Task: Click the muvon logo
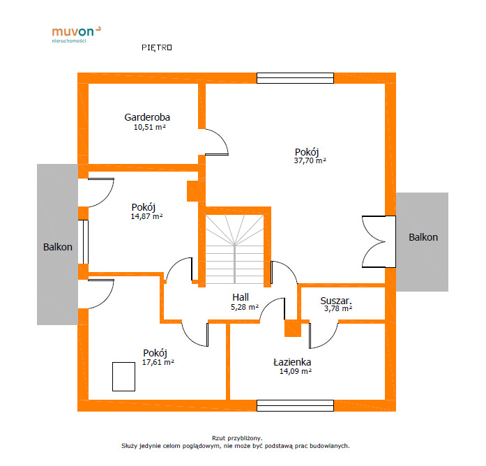[x=76, y=34]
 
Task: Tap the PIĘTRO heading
[x=157, y=47]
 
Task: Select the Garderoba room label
[x=147, y=117]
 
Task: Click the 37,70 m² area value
[x=310, y=160]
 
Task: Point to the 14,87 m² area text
[x=146, y=216]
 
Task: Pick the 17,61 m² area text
[x=158, y=362]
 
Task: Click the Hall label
[x=241, y=297]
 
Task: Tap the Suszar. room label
[x=336, y=301]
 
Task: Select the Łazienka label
[x=292, y=362]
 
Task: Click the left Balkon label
[x=58, y=247]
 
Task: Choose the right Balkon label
[x=423, y=237]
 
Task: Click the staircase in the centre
[x=234, y=249]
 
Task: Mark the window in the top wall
[x=296, y=78]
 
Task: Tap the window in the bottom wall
[x=296, y=405]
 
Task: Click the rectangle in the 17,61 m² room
[x=123, y=377]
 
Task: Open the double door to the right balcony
[x=379, y=241]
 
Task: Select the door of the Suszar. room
[x=324, y=336]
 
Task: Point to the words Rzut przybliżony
[x=237, y=438]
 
